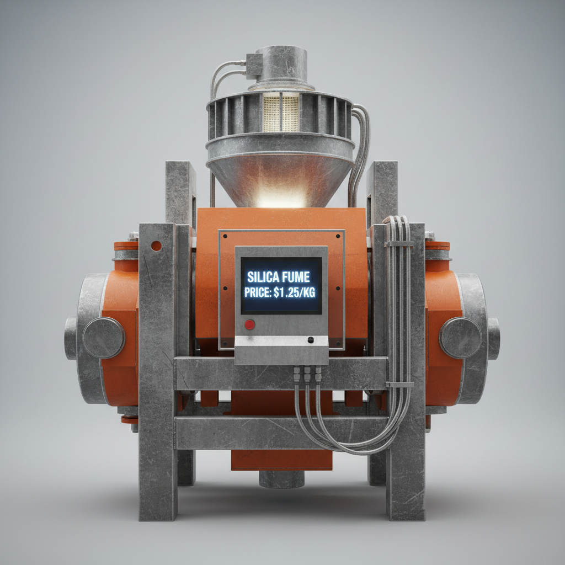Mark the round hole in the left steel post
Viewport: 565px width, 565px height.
click(156, 246)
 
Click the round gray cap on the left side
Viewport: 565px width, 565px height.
click(104, 338)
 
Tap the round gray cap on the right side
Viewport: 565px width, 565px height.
click(460, 338)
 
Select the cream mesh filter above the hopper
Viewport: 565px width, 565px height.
click(281, 112)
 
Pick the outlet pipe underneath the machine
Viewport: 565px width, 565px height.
click(281, 479)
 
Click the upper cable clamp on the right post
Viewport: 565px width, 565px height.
click(399, 243)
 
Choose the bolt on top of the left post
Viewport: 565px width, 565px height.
click(133, 236)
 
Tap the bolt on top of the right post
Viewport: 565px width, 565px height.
click(430, 236)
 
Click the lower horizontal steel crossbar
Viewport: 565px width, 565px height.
click(281, 433)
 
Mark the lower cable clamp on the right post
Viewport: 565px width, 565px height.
click(400, 384)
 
